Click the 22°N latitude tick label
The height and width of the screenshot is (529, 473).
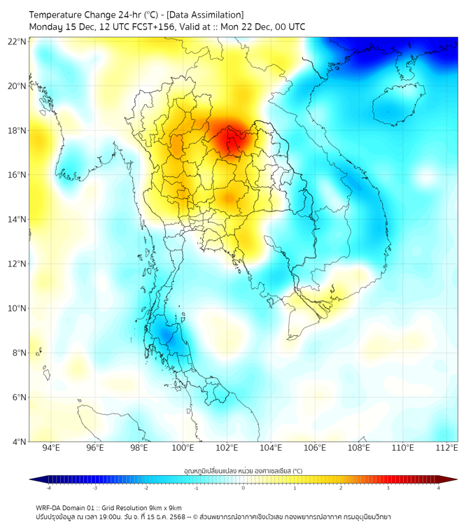17,41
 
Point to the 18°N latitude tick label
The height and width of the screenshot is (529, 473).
17,130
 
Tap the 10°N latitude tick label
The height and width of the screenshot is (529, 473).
17,308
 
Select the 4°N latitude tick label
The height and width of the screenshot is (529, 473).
19,442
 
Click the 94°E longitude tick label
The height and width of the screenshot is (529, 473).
51,448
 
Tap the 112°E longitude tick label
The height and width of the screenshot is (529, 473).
446,448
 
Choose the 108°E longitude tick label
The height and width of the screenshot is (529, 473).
359,448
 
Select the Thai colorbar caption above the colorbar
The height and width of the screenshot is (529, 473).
243,470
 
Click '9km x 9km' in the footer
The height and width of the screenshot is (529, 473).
164,507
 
